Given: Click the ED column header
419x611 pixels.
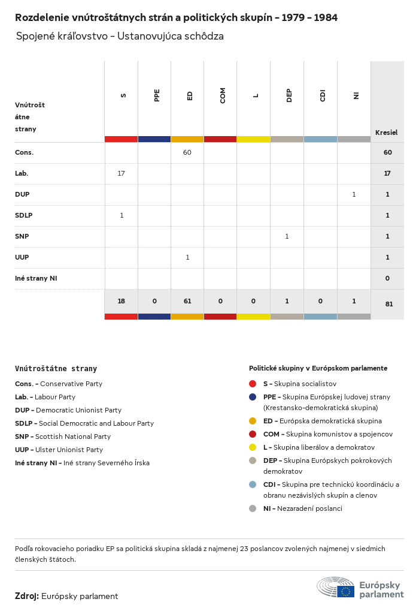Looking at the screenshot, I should tap(190, 95).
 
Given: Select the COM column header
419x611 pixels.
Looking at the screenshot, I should tap(223, 95).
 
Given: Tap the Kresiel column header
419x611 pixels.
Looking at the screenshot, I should tap(386, 133).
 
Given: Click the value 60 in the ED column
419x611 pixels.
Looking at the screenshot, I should tap(187, 152).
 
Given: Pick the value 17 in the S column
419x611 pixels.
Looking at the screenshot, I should tap(122, 173).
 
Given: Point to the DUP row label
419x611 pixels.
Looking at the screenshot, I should tap(22, 194).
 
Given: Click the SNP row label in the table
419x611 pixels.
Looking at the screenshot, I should tap(22, 236).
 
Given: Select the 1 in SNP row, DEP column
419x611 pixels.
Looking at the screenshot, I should tap(287, 236).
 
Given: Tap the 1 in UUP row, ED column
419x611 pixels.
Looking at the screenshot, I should tap(187, 257).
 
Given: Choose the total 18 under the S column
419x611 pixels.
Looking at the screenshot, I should tap(122, 301).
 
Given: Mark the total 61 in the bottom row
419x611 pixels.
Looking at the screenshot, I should tap(187, 301).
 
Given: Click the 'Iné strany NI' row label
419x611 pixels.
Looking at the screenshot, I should tap(36, 278).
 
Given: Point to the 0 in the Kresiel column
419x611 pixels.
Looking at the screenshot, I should tap(387, 278).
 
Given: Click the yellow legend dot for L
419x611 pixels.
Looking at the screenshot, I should tap(253, 447).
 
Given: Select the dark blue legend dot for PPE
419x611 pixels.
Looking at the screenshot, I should tap(253, 397).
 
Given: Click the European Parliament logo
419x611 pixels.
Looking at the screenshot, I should tap(360, 588).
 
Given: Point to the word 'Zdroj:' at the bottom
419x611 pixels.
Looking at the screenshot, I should tap(27, 596).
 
